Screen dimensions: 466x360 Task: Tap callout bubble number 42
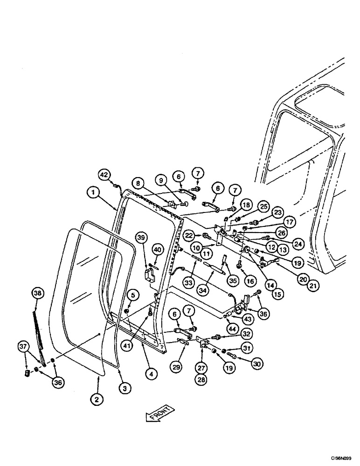[x=105, y=175]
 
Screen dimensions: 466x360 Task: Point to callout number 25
[x=251, y=206]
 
